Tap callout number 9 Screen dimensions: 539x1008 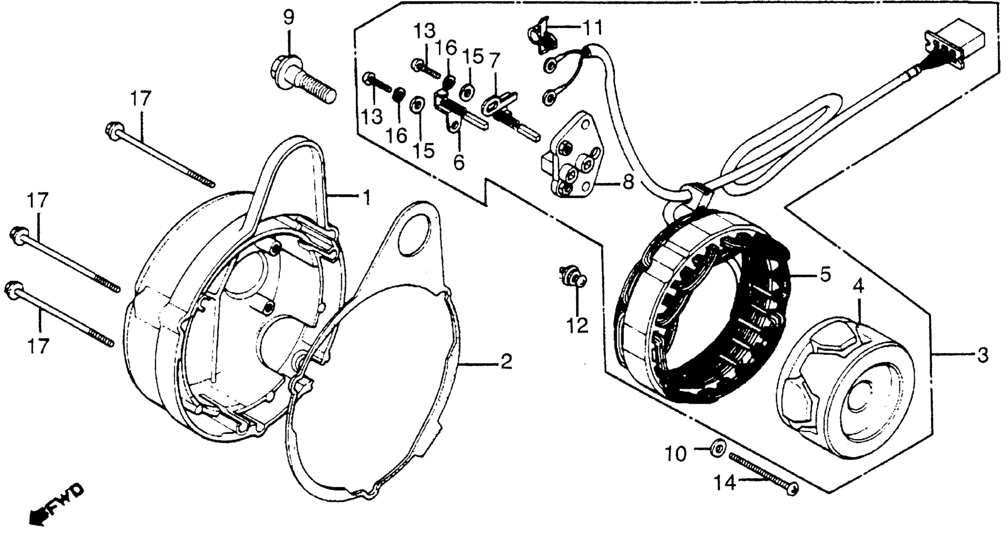pyautogui.click(x=288, y=18)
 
